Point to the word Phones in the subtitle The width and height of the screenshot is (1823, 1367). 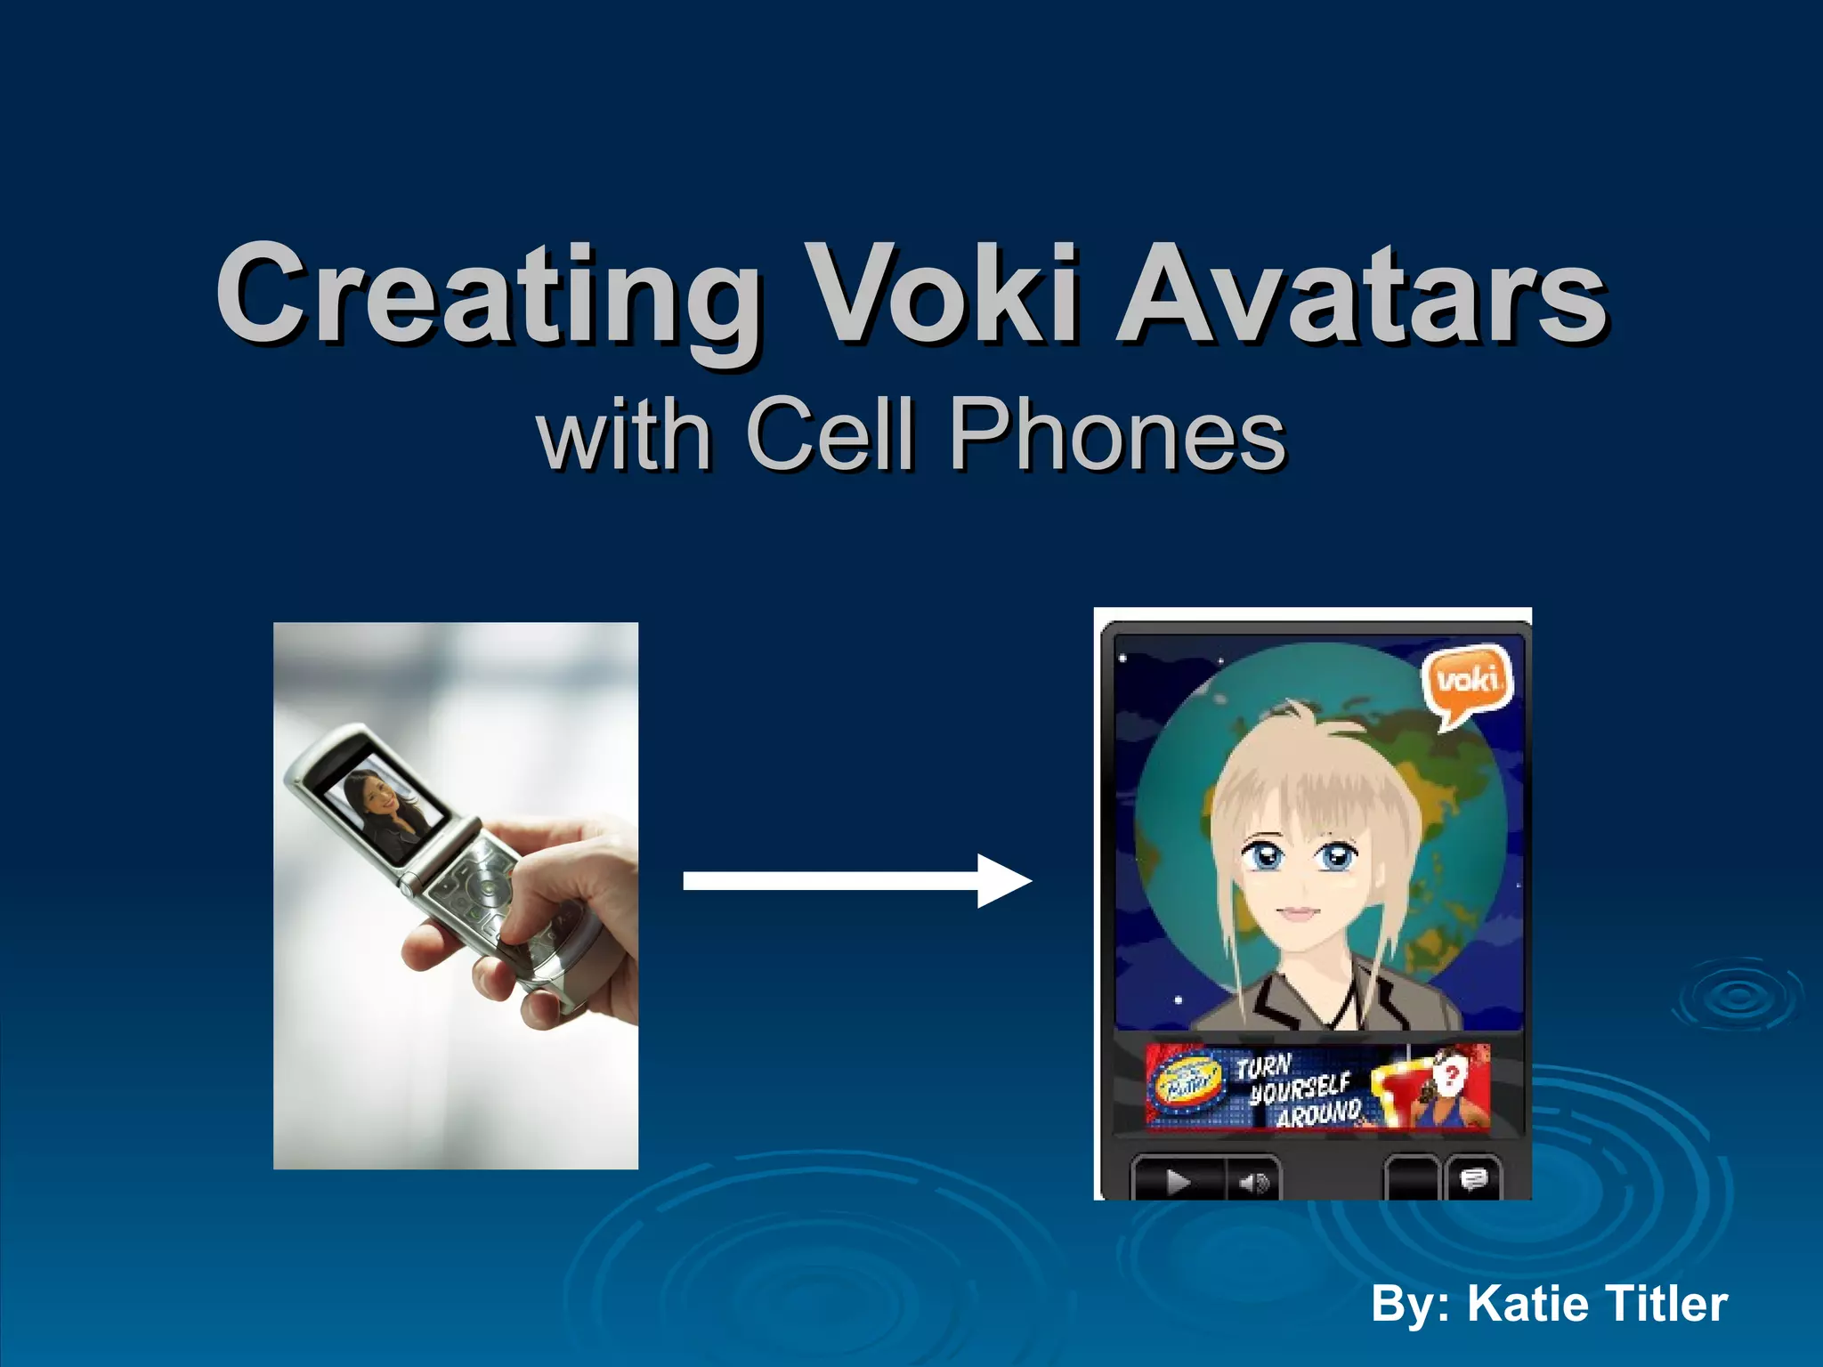coord(1116,433)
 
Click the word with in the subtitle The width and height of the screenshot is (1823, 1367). coord(623,433)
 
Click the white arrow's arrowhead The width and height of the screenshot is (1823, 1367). coord(1001,881)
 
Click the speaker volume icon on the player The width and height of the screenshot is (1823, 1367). coord(1253,1182)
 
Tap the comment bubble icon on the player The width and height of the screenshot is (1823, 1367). coord(1473,1180)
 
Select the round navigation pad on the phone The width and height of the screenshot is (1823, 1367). coord(487,888)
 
